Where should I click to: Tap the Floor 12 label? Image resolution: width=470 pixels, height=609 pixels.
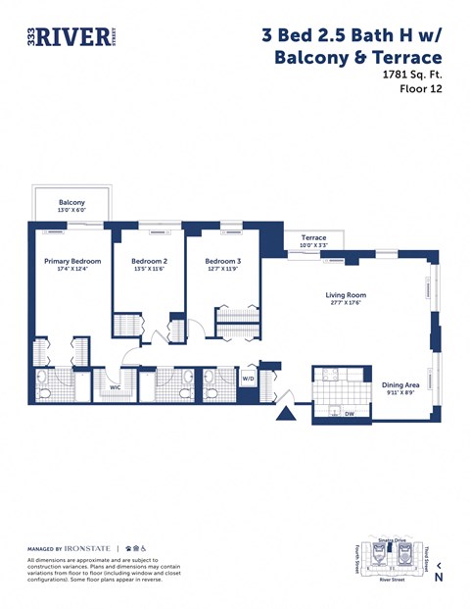pyautogui.click(x=421, y=89)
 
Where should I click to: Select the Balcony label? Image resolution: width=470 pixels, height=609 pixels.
pyautogui.click(x=71, y=202)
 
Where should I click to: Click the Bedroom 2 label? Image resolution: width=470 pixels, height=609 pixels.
pyautogui.click(x=150, y=262)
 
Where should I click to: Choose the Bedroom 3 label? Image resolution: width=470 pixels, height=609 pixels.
pyautogui.click(x=222, y=262)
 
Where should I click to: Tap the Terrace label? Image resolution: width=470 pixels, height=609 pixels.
pyautogui.click(x=313, y=238)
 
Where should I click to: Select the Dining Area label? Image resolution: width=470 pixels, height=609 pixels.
pyautogui.click(x=400, y=385)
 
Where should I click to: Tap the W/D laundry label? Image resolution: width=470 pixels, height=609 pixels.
pyautogui.click(x=249, y=378)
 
